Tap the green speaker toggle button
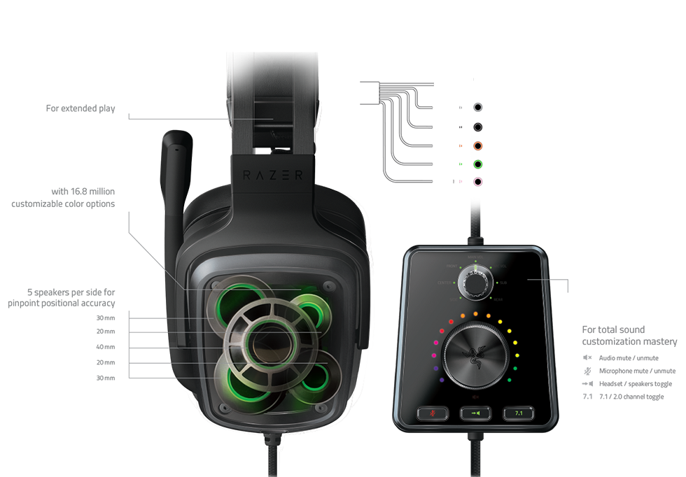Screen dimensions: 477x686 [x=474, y=413]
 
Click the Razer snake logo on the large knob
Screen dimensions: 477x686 [x=475, y=355]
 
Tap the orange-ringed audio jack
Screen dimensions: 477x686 [x=477, y=147]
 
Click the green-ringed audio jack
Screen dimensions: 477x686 [x=477, y=165]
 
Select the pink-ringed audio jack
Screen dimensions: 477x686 [x=477, y=183]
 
